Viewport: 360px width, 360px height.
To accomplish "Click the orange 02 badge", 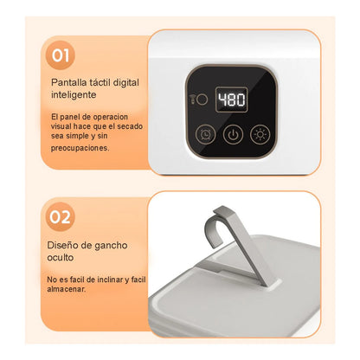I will (x=61, y=216).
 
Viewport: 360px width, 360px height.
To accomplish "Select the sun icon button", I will (x=260, y=135).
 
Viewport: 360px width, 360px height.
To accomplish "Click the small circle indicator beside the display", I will (x=201, y=99).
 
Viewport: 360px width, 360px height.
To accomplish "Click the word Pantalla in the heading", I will (x=67, y=83).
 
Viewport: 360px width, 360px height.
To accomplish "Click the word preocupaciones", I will (x=80, y=148).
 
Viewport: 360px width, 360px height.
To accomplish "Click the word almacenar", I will (x=71, y=291).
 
